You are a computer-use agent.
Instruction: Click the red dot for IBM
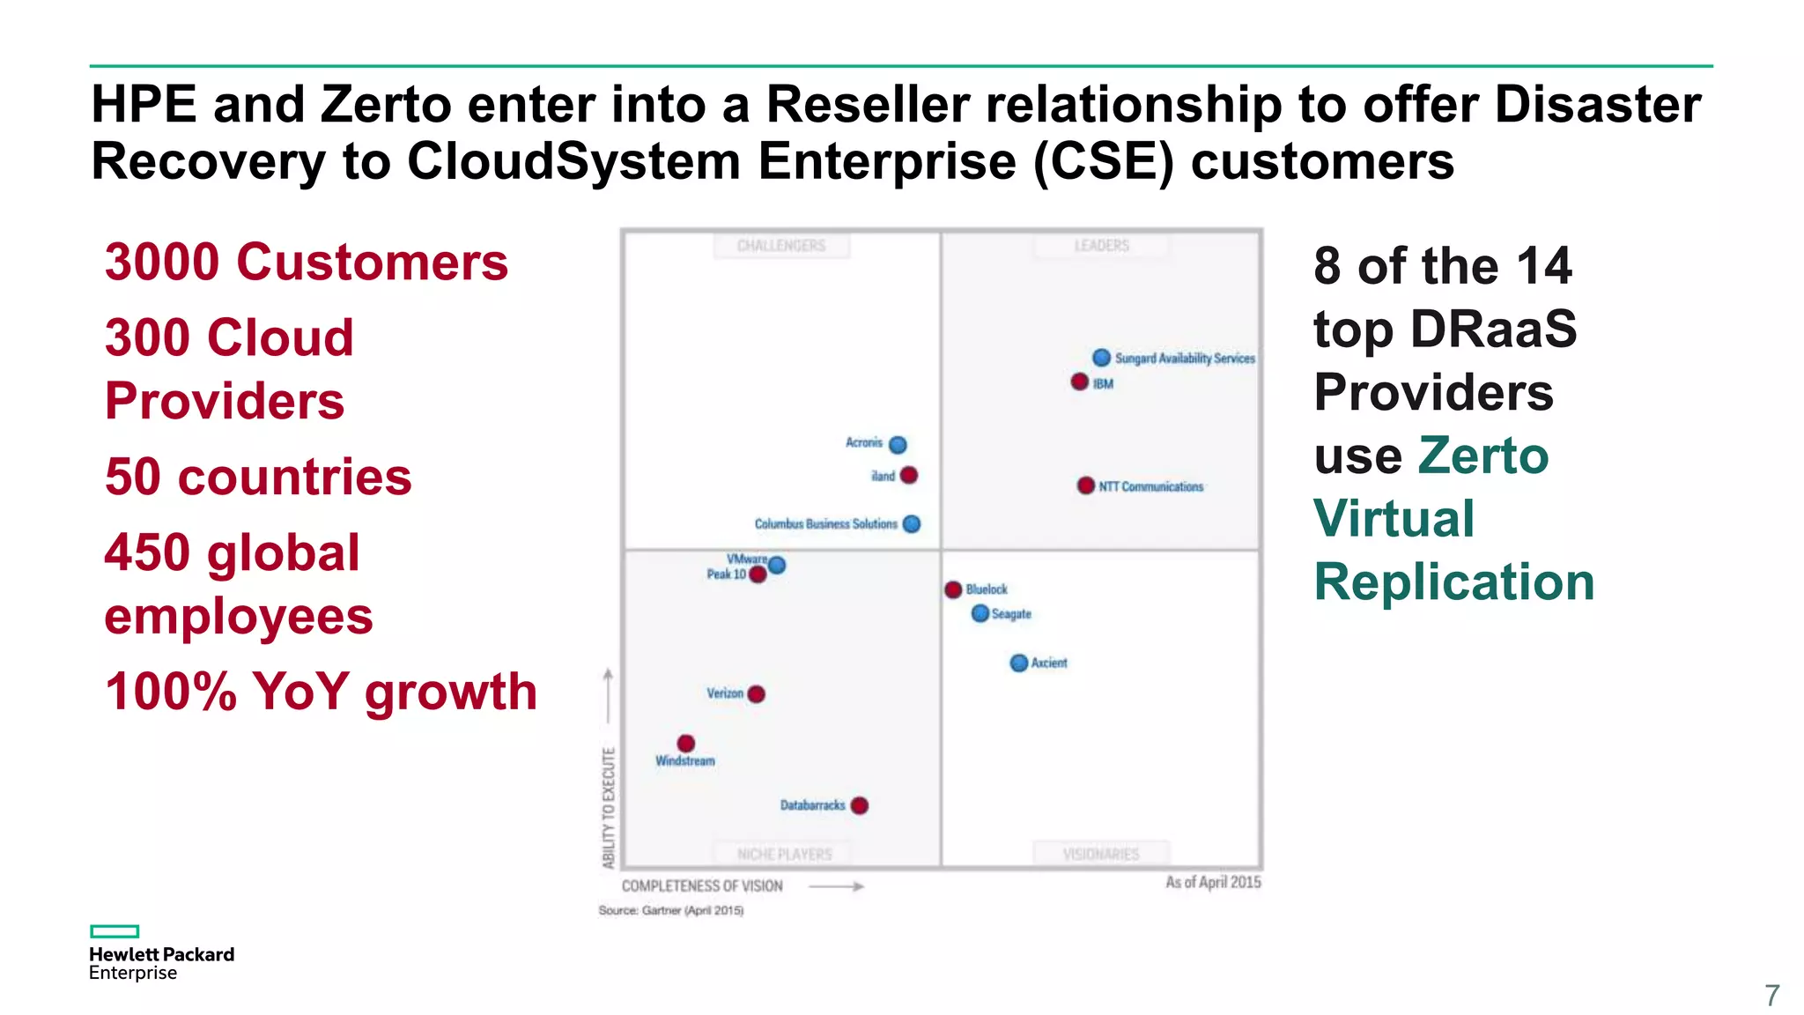click(x=1079, y=382)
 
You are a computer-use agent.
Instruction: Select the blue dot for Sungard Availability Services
click(x=1101, y=357)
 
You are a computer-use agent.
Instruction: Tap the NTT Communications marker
click(x=1086, y=485)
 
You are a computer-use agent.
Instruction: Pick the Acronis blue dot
click(x=898, y=444)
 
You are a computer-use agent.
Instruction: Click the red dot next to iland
click(x=909, y=475)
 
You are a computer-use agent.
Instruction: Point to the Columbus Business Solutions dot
click(x=912, y=523)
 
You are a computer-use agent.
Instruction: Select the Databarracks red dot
click(x=860, y=805)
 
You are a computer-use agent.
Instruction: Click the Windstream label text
click(x=685, y=760)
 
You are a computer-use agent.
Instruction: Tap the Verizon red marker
click(x=756, y=693)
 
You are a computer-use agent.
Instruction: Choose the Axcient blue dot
click(x=1019, y=663)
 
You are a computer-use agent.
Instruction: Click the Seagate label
click(x=1011, y=614)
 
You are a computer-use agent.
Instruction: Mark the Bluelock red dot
click(x=953, y=589)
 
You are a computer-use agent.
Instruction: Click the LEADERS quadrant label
click(x=1101, y=245)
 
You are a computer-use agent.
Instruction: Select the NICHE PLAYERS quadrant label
click(x=784, y=854)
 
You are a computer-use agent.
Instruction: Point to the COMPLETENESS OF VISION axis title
click(x=702, y=885)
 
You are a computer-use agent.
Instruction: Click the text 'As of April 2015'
click(x=1213, y=882)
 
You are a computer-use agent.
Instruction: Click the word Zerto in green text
click(x=1482, y=456)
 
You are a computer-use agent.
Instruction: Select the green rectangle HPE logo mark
click(x=115, y=931)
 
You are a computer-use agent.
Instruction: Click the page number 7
click(x=1772, y=996)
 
